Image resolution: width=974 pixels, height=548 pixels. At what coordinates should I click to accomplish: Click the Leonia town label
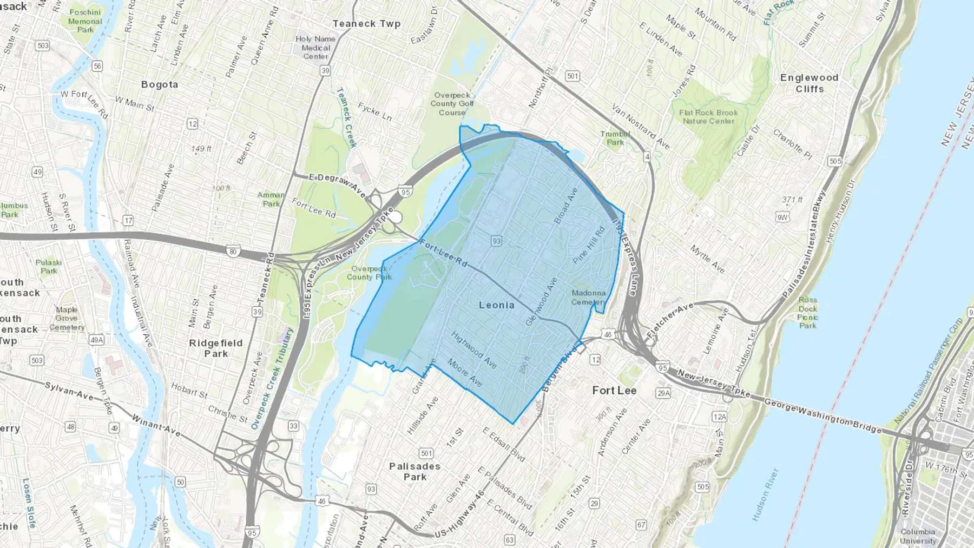496,305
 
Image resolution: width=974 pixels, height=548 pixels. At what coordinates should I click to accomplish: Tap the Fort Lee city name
614,391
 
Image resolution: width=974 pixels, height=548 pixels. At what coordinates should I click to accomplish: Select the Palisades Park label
414,471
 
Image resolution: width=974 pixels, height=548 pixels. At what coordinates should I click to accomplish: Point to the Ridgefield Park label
216,348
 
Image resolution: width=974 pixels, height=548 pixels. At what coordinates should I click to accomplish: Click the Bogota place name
160,84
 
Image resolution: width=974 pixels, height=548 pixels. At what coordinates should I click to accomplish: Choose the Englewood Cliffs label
810,83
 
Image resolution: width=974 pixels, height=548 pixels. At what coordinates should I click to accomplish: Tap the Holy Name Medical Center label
315,48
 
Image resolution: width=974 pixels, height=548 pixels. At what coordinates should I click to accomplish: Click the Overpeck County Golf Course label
452,104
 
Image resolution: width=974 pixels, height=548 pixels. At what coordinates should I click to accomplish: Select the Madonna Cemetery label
588,298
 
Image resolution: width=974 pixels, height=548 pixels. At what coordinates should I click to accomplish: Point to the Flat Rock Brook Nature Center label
708,117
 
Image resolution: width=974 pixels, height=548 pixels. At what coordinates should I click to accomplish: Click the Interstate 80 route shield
233,251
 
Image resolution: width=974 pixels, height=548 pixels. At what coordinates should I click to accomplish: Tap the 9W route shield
782,217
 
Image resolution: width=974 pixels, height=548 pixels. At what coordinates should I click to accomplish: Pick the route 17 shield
128,221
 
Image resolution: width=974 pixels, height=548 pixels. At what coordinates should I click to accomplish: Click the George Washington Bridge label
822,415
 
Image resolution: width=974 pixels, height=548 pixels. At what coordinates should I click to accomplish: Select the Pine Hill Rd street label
589,245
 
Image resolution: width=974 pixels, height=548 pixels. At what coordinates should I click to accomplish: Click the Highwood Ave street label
474,350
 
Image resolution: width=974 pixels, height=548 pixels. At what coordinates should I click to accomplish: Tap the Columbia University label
918,536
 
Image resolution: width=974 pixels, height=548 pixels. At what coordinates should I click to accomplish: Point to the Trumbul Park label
615,138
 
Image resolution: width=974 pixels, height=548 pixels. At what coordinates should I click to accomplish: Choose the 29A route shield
663,393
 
